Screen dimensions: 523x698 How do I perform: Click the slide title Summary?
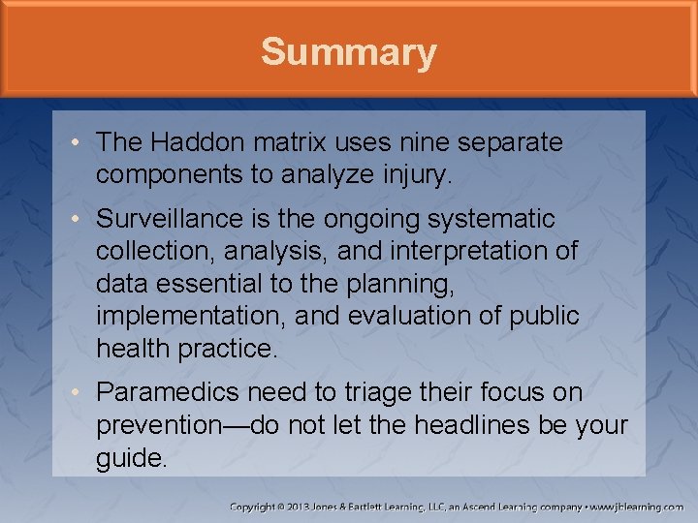(x=348, y=51)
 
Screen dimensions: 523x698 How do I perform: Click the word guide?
(x=131, y=456)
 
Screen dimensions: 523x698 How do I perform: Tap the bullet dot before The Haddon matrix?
(x=76, y=143)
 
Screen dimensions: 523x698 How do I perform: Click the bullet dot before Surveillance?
(x=76, y=220)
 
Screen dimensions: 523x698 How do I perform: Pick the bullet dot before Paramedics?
(x=76, y=393)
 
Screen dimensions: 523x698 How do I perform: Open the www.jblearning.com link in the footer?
(x=639, y=507)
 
